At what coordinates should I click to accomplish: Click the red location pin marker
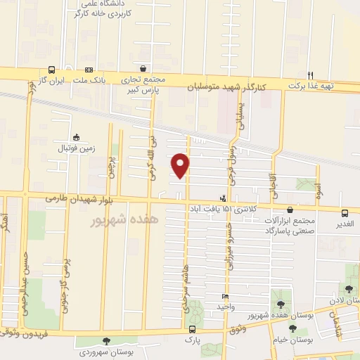[181, 166]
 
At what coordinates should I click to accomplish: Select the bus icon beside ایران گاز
[53, 70]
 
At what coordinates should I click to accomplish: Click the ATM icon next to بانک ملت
[89, 70]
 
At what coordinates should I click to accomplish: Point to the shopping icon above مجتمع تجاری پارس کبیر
[144, 69]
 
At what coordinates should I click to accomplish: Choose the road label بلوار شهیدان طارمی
[79, 199]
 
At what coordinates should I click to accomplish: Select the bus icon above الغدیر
[345, 212]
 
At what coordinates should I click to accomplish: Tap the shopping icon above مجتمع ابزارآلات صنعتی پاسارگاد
[290, 210]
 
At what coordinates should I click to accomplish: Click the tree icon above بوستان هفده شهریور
[282, 304]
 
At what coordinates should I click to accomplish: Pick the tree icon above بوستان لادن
[349, 289]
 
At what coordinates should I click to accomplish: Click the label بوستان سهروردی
[106, 351]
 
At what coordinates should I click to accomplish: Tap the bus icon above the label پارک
[192, 329]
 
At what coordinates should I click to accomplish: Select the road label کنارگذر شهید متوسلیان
[226, 87]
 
